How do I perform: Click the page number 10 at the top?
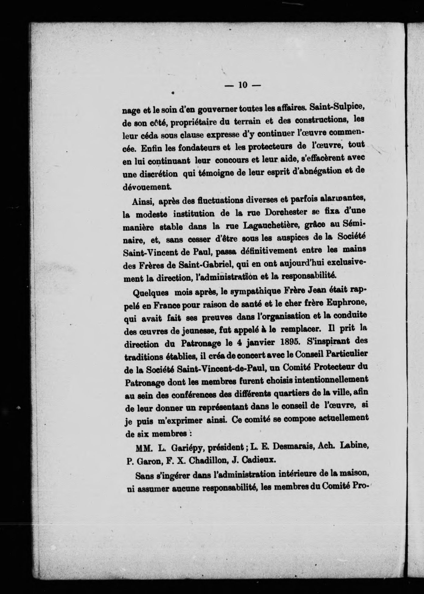coord(243,85)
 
